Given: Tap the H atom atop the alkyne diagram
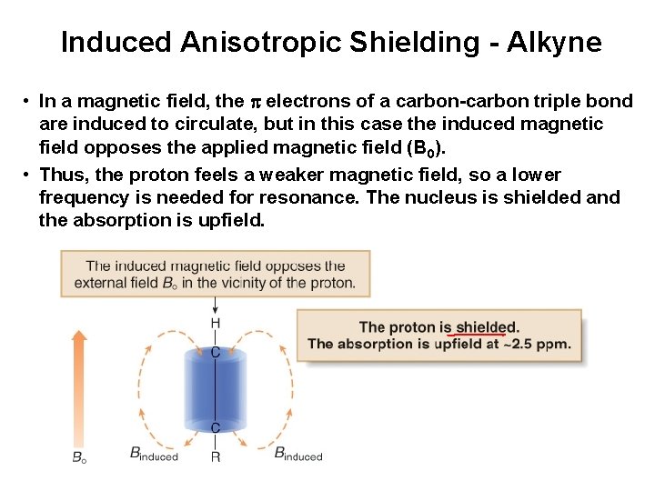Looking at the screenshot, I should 216,324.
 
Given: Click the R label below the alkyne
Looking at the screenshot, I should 216,456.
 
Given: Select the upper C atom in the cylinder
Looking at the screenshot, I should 216,352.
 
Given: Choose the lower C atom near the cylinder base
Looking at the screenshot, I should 216,427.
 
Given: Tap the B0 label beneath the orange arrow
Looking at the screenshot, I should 80,457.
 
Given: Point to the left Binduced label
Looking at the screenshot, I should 154,454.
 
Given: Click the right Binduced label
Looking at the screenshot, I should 297,454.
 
